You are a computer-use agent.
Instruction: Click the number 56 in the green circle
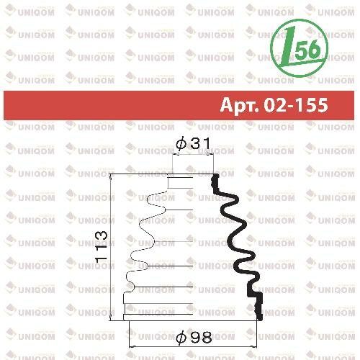(308, 49)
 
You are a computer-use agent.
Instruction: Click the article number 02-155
(296, 105)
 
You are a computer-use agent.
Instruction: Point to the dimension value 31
(201, 143)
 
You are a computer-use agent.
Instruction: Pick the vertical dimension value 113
(101, 246)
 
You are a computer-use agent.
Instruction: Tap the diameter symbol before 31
(181, 144)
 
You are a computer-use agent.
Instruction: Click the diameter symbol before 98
(181, 337)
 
